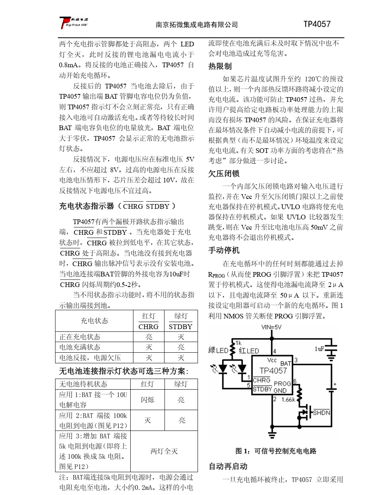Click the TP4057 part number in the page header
pyautogui.click(x=317, y=24)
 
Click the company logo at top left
pyautogui.click(x=74, y=23)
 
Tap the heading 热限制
pyautogui.click(x=220, y=66)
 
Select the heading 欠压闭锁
pyautogui.click(x=224, y=173)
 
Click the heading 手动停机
pyautogui.click(x=224, y=250)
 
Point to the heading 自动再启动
pyautogui.click(x=228, y=466)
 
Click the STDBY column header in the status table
pyautogui.click(x=180, y=326)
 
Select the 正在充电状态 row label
pyautogui.click(x=80, y=337)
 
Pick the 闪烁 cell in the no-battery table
pyautogui.click(x=148, y=400)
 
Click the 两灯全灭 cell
pyautogui.click(x=164, y=451)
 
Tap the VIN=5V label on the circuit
pyautogui.click(x=271, y=327)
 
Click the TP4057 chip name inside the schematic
pyautogui.click(x=273, y=370)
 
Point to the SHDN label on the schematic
pyautogui.click(x=321, y=412)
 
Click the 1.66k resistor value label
pyautogui.click(x=288, y=399)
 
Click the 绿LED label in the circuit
pyautogui.click(x=218, y=350)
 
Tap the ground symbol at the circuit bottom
pyautogui.click(x=272, y=434)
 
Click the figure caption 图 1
pyautogui.click(x=275, y=451)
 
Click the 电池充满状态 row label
pyautogui.click(x=80, y=347)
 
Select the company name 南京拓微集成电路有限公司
pyautogui.click(x=197, y=25)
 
